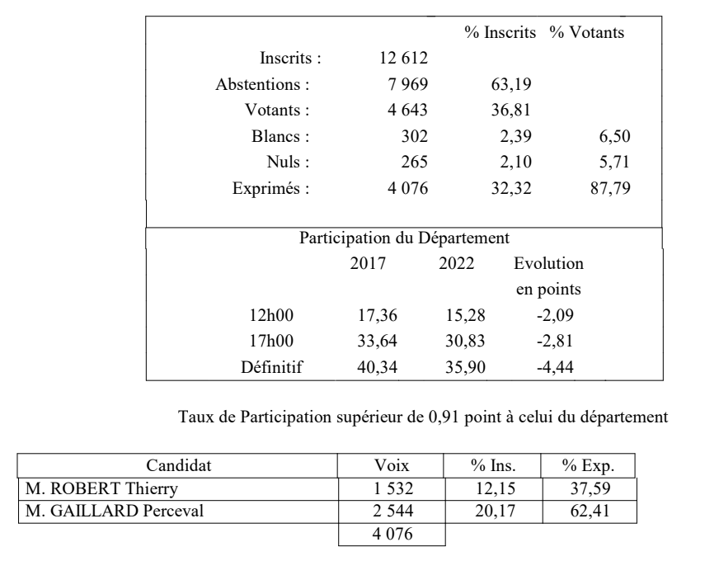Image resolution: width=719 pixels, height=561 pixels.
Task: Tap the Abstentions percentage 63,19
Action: [508, 84]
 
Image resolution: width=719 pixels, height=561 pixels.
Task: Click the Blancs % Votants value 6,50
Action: [618, 135]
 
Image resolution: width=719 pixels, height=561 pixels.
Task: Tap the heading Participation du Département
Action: [404, 238]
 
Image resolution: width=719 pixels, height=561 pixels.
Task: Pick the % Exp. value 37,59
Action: [592, 490]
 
